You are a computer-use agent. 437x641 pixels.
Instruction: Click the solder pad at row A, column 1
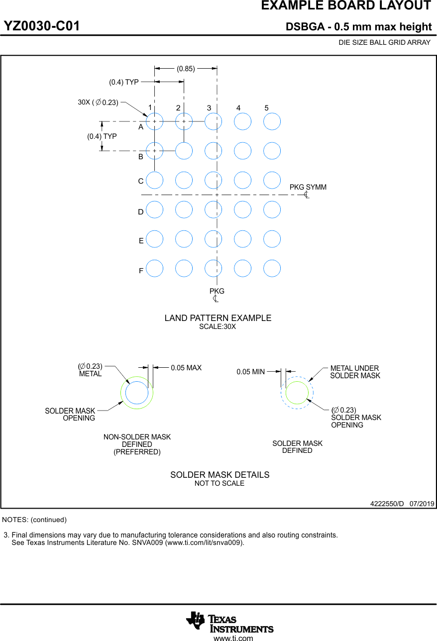155,121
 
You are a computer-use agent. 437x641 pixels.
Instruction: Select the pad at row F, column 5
272,268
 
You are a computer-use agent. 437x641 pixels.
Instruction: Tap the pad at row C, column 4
242,180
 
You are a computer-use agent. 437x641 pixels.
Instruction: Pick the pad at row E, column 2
184,239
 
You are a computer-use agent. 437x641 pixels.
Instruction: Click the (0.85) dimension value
186,69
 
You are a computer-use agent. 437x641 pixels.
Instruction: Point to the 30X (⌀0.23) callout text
98,103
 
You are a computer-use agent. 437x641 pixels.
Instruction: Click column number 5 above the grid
267,108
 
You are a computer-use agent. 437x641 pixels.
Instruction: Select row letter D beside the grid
141,212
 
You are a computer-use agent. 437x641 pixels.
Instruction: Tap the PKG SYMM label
308,187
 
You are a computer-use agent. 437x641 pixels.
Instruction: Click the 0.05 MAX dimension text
186,368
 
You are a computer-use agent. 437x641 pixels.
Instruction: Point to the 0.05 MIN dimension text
250,372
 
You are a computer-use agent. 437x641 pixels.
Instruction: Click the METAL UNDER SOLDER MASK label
355,372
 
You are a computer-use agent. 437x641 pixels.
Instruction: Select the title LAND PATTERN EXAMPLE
218,318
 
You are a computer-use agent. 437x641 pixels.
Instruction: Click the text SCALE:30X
218,327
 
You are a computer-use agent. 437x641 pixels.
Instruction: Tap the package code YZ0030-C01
42,26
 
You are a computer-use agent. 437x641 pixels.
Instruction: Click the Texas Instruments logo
230,622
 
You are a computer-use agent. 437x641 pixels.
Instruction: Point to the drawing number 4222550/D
387,504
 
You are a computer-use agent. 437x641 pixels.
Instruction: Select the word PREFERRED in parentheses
137,452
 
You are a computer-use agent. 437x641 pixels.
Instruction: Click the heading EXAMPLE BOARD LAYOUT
346,6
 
